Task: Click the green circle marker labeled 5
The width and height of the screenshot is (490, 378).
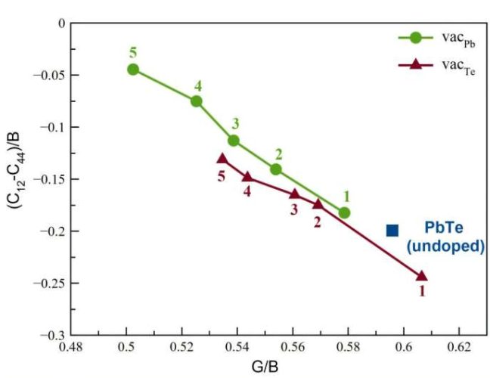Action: click(133, 70)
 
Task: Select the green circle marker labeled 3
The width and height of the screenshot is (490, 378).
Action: click(234, 140)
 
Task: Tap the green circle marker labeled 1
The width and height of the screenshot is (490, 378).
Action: click(345, 213)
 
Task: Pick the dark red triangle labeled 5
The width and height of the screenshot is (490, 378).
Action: click(222, 159)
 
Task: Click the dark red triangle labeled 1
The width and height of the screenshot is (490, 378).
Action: click(421, 275)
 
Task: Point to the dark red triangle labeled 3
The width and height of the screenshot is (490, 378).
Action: click(295, 194)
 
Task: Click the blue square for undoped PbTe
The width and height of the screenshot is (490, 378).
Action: click(392, 230)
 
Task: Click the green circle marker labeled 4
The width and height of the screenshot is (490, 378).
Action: click(197, 101)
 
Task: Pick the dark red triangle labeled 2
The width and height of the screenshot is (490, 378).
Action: click(318, 204)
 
